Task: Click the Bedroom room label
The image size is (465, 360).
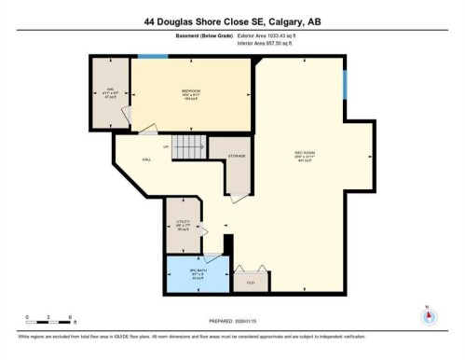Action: [191, 90]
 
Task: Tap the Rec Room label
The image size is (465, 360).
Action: [305, 157]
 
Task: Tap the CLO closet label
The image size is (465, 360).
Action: [250, 281]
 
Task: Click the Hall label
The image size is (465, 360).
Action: [146, 159]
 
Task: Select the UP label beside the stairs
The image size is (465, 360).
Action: [166, 147]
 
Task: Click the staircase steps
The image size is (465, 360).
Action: [189, 146]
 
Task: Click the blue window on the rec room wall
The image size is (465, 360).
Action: [346, 87]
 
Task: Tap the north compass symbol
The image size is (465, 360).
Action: [428, 314]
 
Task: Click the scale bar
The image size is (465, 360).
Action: [50, 325]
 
